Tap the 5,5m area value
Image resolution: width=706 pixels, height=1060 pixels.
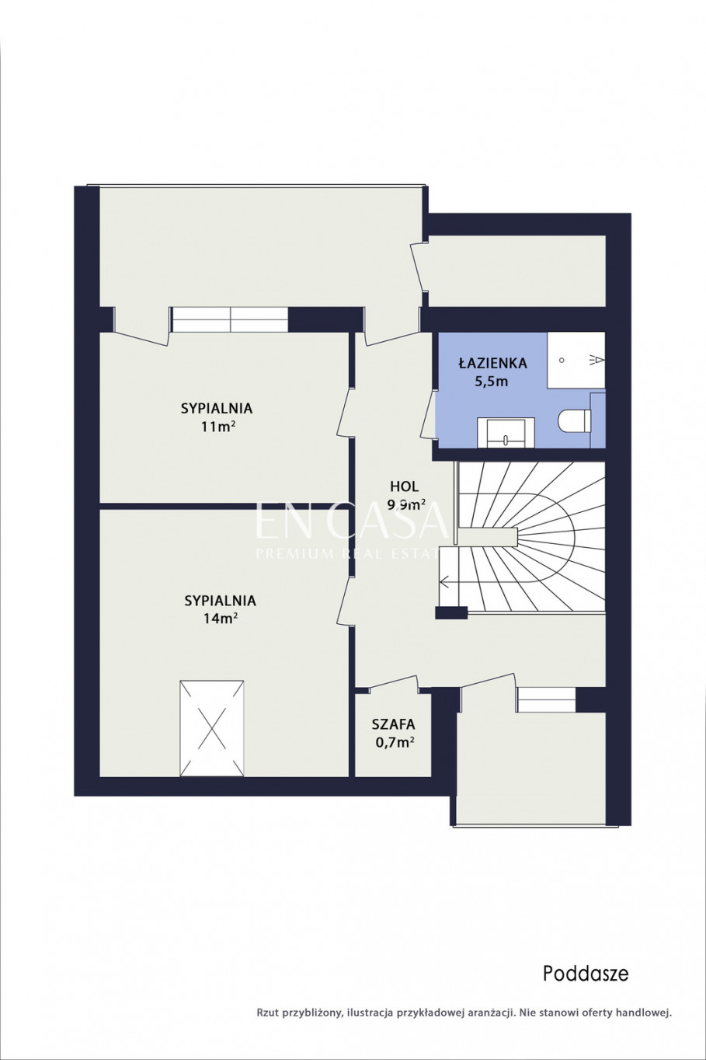[x=491, y=381]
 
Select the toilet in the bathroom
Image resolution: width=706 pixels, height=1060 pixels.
[x=575, y=420]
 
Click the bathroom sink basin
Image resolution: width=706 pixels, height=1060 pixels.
[x=506, y=433]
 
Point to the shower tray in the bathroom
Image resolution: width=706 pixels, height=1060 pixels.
[x=576, y=360]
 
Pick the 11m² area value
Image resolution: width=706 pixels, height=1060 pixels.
[x=218, y=427]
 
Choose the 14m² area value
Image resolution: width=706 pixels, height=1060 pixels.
[x=221, y=618]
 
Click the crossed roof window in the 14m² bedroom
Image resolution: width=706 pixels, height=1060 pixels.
[x=212, y=728]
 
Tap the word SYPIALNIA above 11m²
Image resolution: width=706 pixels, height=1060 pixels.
[x=217, y=408]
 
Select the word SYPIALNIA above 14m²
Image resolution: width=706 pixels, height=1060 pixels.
[x=220, y=601]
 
